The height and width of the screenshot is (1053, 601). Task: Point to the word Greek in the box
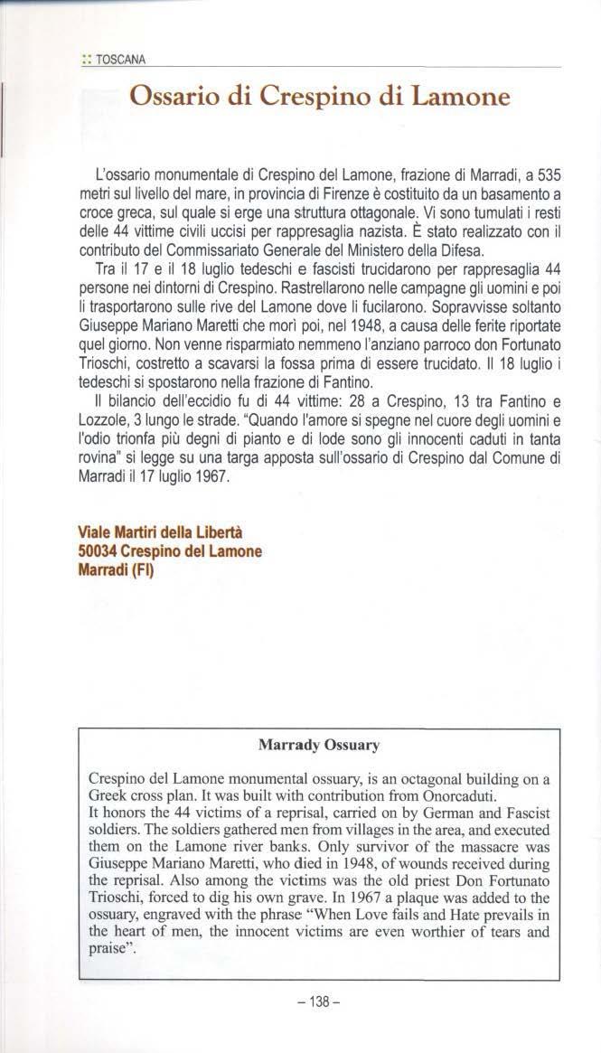point(111,796)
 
